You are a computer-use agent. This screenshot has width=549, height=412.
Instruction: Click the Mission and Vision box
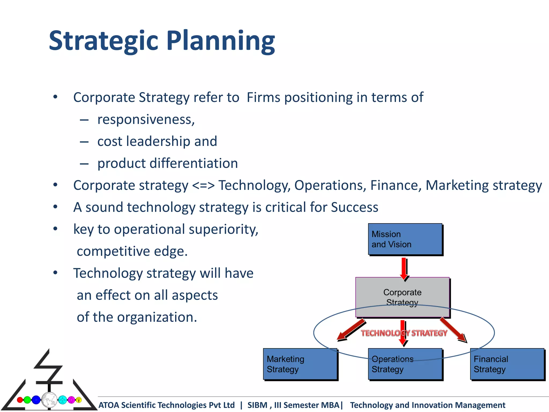pos(405,239)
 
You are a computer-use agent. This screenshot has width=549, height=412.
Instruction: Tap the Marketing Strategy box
pos(300,364)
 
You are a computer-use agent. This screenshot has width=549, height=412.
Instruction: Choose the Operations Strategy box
pos(405,367)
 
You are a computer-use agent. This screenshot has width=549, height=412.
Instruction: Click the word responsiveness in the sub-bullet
pos(146,120)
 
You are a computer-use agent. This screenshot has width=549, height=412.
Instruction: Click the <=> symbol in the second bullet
pos(203,185)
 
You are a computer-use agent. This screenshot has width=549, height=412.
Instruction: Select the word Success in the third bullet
pos(354,207)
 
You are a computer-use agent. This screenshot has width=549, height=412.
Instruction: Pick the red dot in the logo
pos(20,400)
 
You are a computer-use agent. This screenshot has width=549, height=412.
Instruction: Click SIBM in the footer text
pos(257,405)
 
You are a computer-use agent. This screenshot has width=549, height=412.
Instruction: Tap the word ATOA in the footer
pos(109,405)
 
